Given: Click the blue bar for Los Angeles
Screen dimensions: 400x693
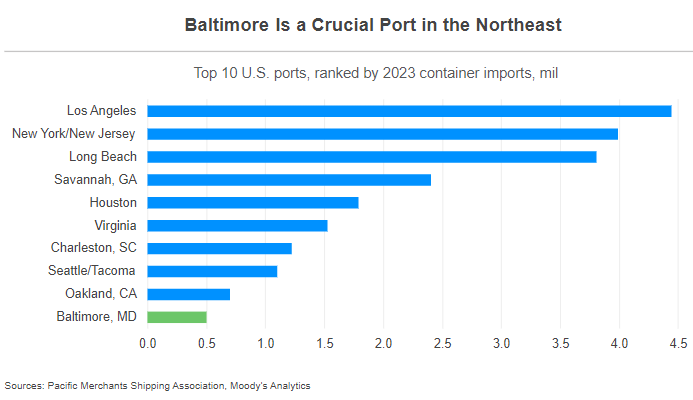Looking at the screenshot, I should (409, 111).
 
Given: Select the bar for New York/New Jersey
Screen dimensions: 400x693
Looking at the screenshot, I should (382, 134).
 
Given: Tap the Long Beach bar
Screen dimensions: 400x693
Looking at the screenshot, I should (372, 157).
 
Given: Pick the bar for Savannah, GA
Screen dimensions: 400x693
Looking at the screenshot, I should (289, 180).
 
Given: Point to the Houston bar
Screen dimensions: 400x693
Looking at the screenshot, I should (253, 203).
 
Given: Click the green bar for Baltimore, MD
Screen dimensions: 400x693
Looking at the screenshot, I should (177, 317).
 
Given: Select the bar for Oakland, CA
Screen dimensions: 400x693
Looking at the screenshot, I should (189, 294).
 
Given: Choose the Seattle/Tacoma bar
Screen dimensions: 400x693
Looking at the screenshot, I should (212, 271).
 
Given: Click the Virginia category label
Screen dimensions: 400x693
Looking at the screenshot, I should (114, 226).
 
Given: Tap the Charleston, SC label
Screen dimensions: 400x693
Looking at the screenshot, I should (94, 248).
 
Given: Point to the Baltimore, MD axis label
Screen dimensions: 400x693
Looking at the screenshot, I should (97, 317).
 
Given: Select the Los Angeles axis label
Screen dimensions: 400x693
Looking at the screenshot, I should (102, 111).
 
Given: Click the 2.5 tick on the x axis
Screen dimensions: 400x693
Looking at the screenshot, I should (443, 343).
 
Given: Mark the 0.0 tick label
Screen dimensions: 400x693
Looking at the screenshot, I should (148, 343).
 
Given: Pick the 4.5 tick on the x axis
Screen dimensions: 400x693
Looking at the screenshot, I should (679, 343).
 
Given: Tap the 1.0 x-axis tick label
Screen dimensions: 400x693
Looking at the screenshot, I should (266, 343).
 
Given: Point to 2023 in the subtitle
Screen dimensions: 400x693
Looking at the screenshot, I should (378, 73).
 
